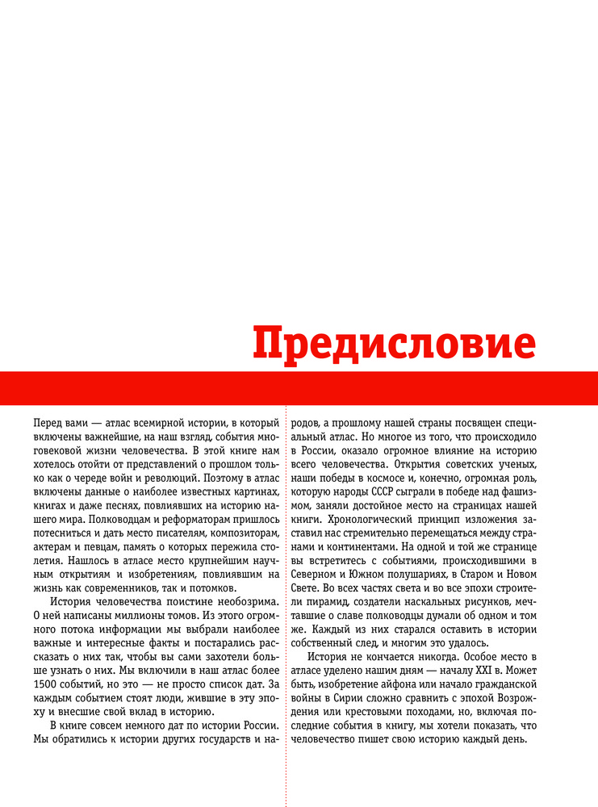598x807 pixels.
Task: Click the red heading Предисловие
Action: pos(394,344)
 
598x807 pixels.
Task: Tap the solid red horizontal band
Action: pos(299,388)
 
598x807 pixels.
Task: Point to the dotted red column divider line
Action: pos(286,605)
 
